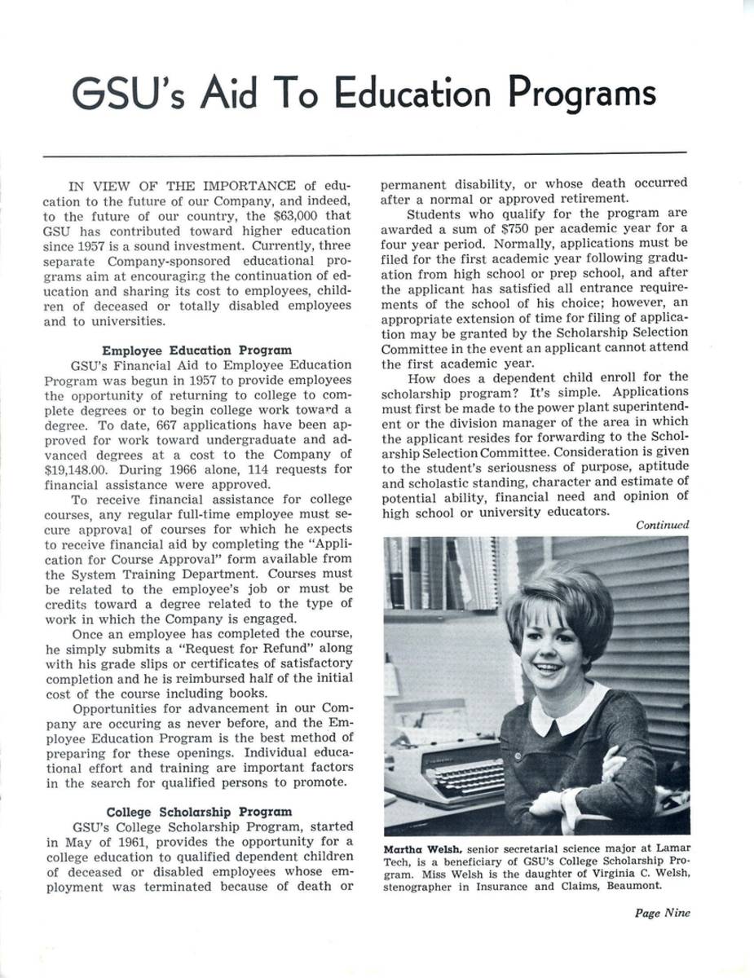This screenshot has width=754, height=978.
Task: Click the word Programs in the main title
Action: (x=582, y=94)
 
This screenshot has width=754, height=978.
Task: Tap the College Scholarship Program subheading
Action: (x=199, y=811)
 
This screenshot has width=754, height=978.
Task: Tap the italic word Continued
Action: (x=663, y=525)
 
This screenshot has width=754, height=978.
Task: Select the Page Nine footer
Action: (x=662, y=913)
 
